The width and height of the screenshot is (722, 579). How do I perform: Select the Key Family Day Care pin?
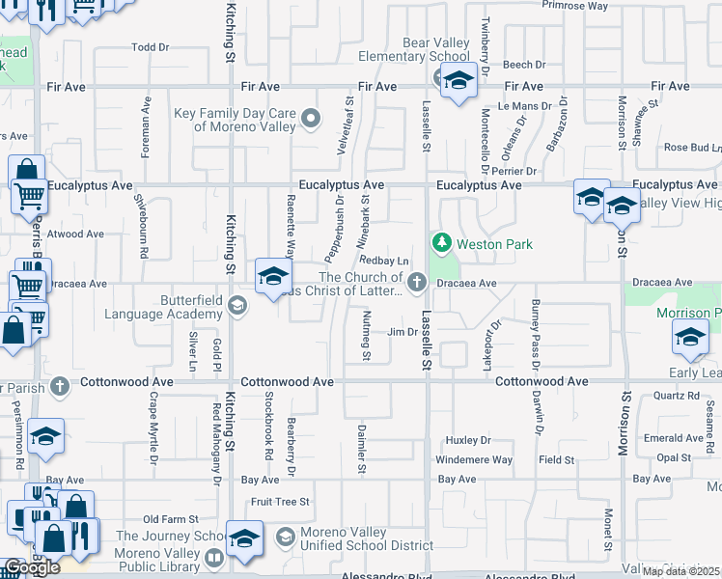311,120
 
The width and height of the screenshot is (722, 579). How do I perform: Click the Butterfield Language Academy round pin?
238,307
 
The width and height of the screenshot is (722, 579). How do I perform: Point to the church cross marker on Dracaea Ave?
417,282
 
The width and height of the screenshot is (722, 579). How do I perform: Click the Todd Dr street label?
150,46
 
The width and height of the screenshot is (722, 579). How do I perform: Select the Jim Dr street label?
401,332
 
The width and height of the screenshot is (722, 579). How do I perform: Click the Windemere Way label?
474,460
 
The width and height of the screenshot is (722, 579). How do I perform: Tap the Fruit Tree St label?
280,502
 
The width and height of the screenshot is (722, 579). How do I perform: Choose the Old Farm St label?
170,519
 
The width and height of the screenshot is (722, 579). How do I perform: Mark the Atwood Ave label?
75,234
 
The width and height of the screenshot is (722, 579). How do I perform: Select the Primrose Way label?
574,5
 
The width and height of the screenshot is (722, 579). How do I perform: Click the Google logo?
32,567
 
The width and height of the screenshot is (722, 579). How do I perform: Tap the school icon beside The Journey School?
245,538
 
